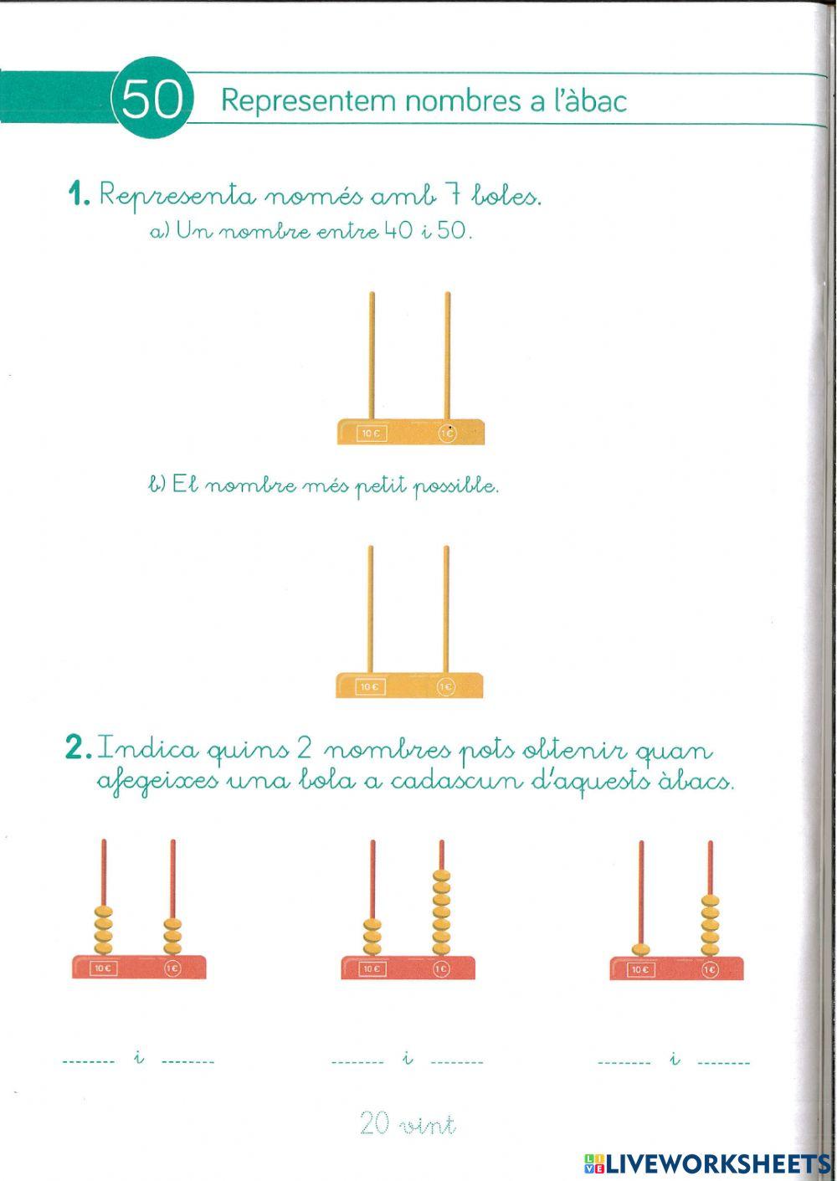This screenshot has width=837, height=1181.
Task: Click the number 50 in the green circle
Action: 152,101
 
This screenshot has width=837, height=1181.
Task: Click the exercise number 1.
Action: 79,196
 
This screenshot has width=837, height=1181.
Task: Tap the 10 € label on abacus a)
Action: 371,433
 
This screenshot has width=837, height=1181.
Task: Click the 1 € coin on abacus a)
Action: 448,433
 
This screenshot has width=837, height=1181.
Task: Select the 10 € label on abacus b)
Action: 369,687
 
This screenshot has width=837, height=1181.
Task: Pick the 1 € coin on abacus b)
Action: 446,687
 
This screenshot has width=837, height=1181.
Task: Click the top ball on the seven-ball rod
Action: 441,876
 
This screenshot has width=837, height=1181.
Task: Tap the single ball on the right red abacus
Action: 641,949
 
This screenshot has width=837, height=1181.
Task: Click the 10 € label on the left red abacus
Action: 103,968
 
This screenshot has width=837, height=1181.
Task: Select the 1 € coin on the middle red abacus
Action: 441,968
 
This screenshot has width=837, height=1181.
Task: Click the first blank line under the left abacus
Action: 89,1061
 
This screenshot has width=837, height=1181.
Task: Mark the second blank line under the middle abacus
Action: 457,1062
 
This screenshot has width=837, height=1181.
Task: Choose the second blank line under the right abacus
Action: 723,1062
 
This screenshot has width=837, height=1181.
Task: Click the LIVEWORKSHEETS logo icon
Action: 594,1163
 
